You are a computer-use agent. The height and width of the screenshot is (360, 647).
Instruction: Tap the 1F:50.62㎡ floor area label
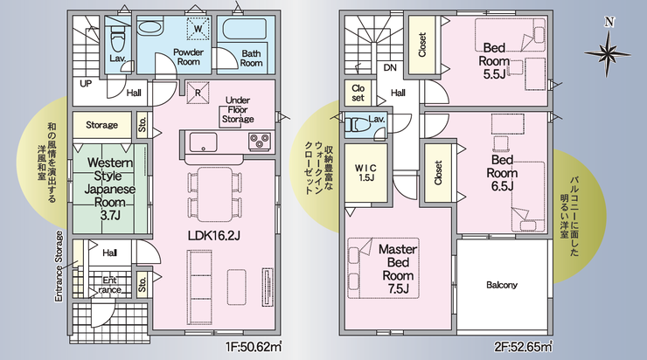(x=254, y=347)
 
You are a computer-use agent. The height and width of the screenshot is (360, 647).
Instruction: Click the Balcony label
(x=502, y=285)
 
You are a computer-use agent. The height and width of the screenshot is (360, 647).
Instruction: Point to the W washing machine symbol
(x=198, y=29)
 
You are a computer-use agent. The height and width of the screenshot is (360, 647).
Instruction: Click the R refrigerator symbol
(x=198, y=93)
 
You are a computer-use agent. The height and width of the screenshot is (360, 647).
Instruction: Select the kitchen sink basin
(x=203, y=142)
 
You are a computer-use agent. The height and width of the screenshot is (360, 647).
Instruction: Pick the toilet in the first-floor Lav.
(x=117, y=38)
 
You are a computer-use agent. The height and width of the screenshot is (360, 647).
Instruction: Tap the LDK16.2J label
(x=213, y=235)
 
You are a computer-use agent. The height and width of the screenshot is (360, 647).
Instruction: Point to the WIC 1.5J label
(x=365, y=173)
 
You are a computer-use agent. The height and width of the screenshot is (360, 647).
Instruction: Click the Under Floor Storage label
(x=238, y=110)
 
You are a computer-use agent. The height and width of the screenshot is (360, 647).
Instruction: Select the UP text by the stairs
(x=86, y=84)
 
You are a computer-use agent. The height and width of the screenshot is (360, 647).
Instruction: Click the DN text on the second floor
(x=390, y=67)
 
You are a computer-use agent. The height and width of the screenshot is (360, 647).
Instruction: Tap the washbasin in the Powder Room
(x=150, y=29)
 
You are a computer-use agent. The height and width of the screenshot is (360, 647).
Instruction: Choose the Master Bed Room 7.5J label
(x=398, y=269)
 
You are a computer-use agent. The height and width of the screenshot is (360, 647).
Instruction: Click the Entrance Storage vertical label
(x=59, y=267)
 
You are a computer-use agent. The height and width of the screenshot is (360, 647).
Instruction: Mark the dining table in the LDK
(x=214, y=195)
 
